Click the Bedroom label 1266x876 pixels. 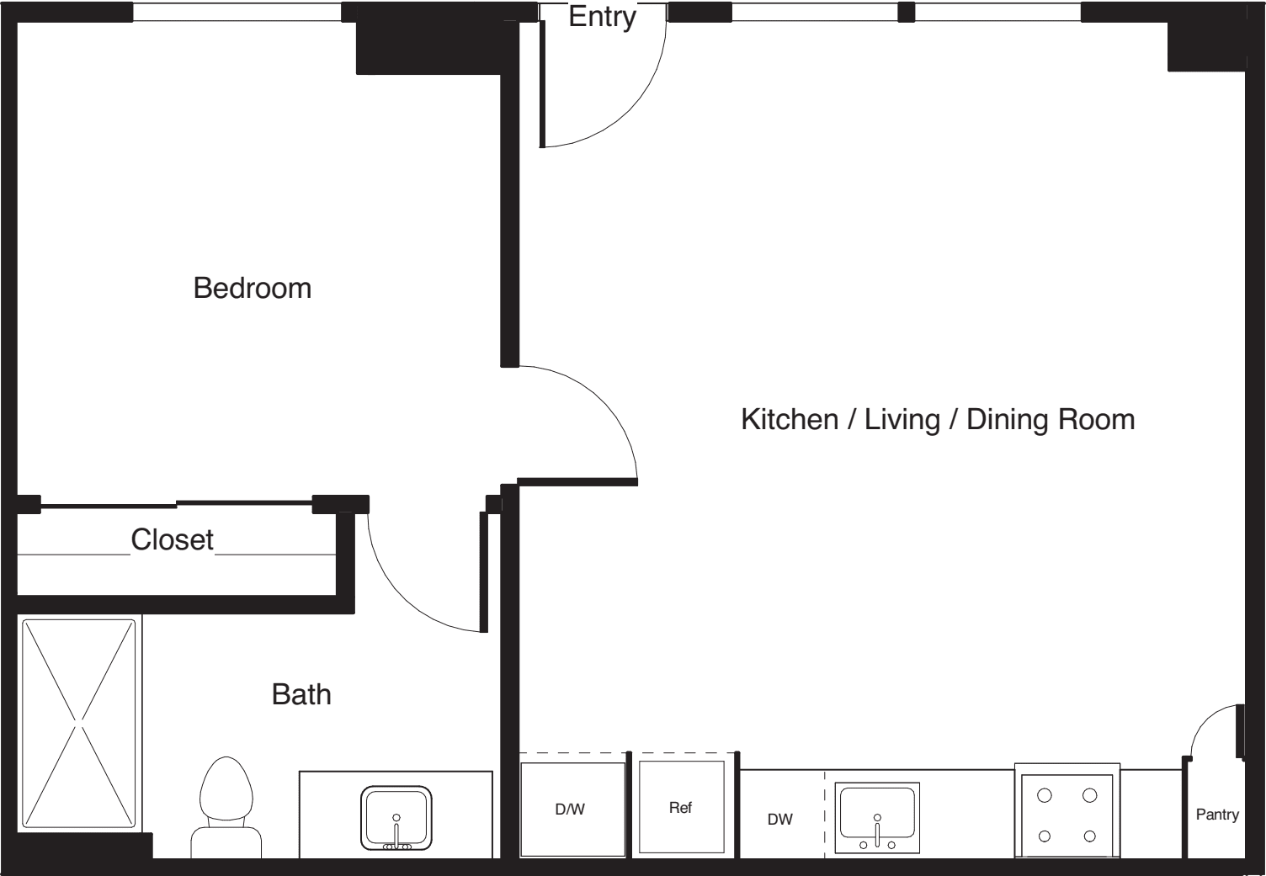point(252,289)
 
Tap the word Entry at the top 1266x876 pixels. point(603,17)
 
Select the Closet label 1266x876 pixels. point(173,539)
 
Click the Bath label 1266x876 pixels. point(301,694)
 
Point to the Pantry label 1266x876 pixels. point(1217,815)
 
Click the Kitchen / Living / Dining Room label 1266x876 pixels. point(938,419)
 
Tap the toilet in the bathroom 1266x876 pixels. point(226,808)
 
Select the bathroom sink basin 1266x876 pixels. point(396,818)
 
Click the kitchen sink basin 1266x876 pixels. point(877,817)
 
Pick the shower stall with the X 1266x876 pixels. point(79,725)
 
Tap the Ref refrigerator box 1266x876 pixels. point(682,807)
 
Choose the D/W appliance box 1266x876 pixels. point(572,810)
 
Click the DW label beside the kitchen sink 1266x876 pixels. point(780,820)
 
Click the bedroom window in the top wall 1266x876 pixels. point(237,13)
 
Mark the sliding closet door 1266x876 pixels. point(176,504)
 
